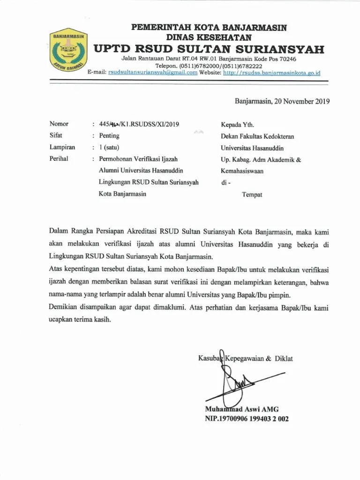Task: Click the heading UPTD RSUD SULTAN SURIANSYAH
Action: pyautogui.click(x=209, y=49)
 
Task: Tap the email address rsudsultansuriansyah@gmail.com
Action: pyautogui.click(x=153, y=73)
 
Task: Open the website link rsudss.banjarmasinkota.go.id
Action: pyautogui.click(x=271, y=73)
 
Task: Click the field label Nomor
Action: pyautogui.click(x=59, y=124)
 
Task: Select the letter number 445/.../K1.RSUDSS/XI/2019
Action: pyautogui.click(x=139, y=124)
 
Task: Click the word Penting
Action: pyautogui.click(x=109, y=136)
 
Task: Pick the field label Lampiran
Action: pyautogui.click(x=62, y=147)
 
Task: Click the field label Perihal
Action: pyautogui.click(x=59, y=159)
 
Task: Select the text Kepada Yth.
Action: pyautogui.click(x=238, y=125)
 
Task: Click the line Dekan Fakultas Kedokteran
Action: pyautogui.click(x=257, y=136)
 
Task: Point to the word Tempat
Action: pyautogui.click(x=252, y=194)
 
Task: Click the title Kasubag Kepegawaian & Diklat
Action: pyautogui.click(x=246, y=359)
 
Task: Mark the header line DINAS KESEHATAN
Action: pyautogui.click(x=209, y=37)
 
